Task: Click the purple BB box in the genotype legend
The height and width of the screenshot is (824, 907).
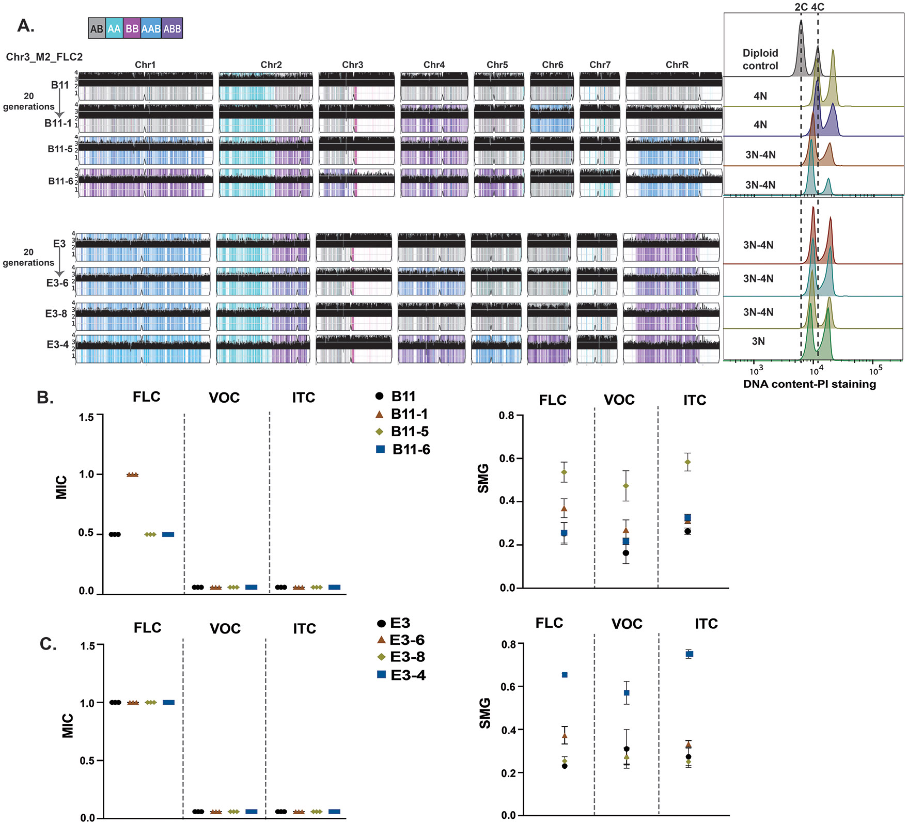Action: [132, 28]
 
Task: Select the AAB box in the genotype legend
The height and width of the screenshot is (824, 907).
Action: [151, 28]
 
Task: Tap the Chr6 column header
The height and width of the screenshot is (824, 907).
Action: [552, 65]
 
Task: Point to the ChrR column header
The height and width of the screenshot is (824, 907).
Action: [677, 65]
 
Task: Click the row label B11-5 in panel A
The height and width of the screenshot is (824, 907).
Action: [60, 149]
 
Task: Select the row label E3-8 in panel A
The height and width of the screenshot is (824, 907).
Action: [56, 313]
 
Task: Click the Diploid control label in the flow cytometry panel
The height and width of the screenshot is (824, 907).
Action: [760, 59]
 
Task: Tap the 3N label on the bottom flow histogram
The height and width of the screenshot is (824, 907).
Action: [758, 341]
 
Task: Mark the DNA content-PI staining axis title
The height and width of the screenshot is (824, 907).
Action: [809, 384]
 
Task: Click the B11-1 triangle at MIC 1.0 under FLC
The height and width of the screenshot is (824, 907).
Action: [133, 474]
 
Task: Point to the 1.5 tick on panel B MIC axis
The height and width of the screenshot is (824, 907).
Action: [86, 417]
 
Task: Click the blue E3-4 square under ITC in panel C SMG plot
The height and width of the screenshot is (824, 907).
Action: [689, 654]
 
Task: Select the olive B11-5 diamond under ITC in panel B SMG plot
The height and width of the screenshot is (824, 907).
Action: [687, 462]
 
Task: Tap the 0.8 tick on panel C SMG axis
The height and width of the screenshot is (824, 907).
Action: [509, 644]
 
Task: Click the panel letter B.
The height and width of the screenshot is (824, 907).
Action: [45, 398]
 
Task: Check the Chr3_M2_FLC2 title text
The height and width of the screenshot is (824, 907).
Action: [44, 57]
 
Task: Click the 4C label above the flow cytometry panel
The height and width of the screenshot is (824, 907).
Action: [817, 7]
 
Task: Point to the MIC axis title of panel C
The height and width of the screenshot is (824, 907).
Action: [68, 725]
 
